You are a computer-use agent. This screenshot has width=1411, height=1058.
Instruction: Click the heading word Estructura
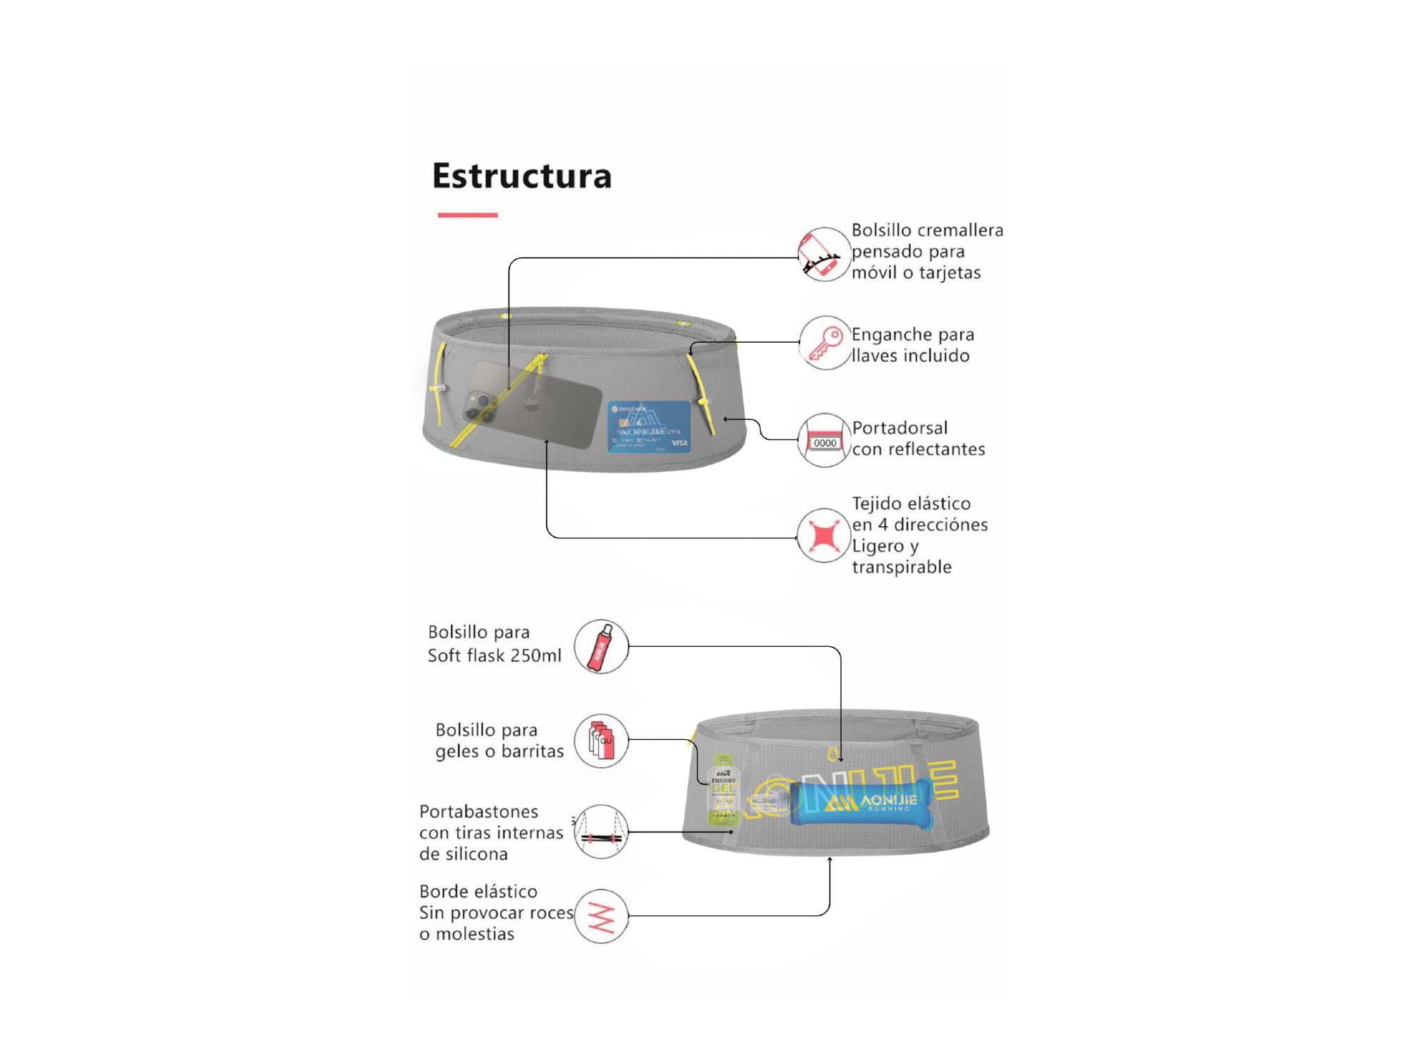pos(521,176)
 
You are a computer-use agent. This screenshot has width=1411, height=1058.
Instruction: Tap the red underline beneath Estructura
pos(467,214)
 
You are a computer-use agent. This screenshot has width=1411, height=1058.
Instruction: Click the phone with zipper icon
pos(823,254)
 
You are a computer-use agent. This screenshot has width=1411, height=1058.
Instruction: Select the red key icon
pos(824,343)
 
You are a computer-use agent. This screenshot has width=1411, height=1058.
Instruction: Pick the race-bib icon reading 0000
pos(823,441)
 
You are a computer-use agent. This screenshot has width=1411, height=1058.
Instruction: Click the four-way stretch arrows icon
pos(823,535)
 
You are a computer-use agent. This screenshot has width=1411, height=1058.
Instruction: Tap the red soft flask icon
pos(601,647)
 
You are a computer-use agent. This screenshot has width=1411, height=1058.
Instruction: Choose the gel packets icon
pos(601,741)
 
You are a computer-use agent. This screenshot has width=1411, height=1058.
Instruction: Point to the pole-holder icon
pos(601,832)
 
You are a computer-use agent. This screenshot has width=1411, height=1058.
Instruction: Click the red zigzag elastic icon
pos(601,916)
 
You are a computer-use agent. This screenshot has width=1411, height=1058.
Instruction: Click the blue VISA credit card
pos(649,427)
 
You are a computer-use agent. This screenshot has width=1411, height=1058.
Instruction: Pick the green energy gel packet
pos(723,790)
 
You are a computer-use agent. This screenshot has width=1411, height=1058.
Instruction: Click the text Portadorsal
pos(900,428)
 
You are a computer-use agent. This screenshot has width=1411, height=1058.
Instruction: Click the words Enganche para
pos(912,334)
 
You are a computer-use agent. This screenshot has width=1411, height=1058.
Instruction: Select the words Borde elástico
pos(478,892)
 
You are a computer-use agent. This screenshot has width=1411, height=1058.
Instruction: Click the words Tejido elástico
pos(911,504)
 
